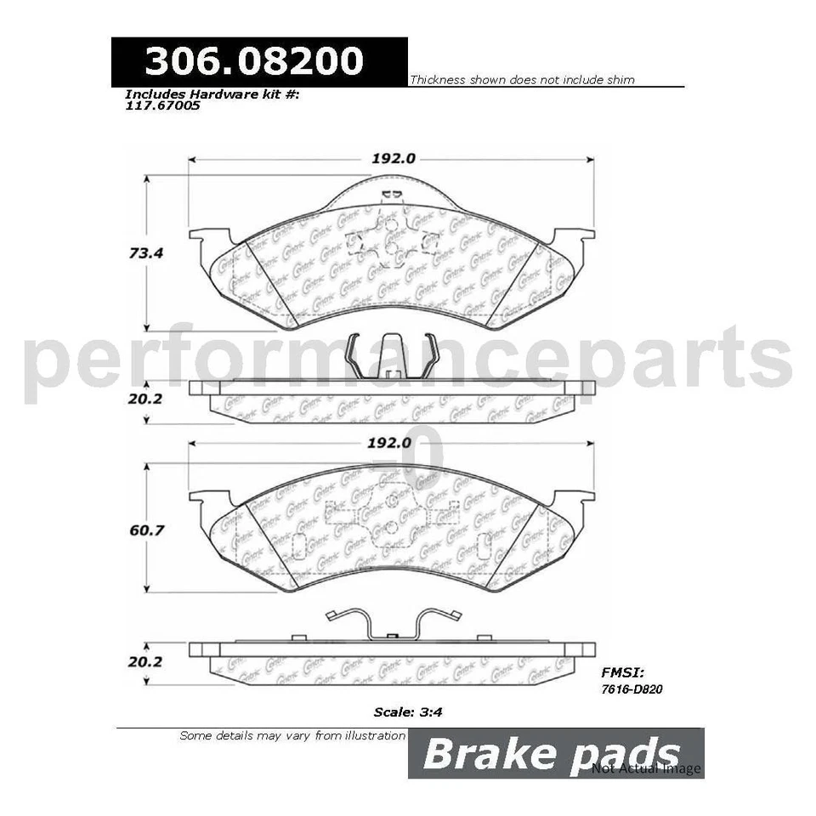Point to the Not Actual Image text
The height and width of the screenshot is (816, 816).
(647, 768)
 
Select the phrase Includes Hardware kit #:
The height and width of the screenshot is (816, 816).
(212, 95)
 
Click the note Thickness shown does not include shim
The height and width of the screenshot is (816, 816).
(522, 80)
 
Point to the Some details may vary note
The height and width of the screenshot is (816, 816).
(292, 735)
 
